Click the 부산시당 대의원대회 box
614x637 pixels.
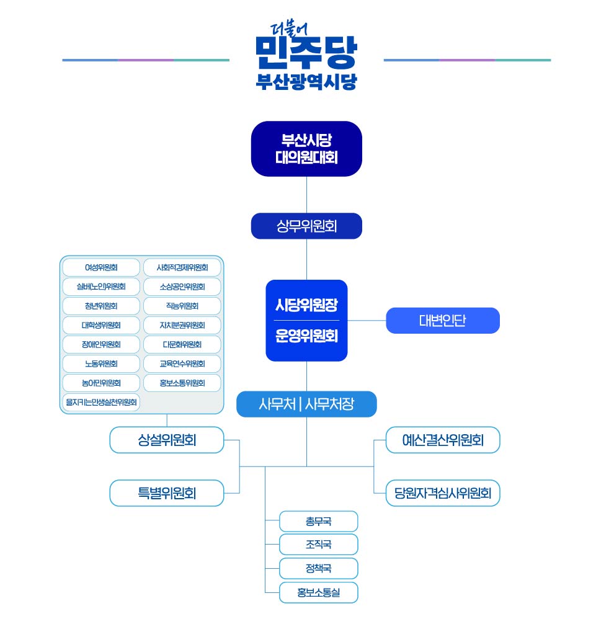pos(306,149)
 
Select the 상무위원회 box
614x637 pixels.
pos(306,226)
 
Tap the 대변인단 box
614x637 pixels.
pos(442,321)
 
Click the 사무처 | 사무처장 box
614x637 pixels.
pos(306,404)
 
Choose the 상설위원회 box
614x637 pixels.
pos(167,440)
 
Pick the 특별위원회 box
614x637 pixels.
pos(167,493)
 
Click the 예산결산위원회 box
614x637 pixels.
pos(442,440)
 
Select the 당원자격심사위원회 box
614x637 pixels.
pos(442,493)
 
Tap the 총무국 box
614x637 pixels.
pos(318,522)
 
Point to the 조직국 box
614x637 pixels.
pos(318,545)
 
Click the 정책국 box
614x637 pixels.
pos(318,568)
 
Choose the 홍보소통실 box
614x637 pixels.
pos(318,592)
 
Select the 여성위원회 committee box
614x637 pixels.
pos(101,268)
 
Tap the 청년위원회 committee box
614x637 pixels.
pos(101,306)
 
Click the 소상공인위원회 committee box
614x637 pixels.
pos(182,287)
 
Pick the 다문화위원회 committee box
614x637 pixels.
pos(182,344)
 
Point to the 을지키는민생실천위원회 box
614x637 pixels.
pos(101,402)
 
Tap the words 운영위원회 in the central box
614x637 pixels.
pos(306,336)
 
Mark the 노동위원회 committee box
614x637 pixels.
pos(101,363)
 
